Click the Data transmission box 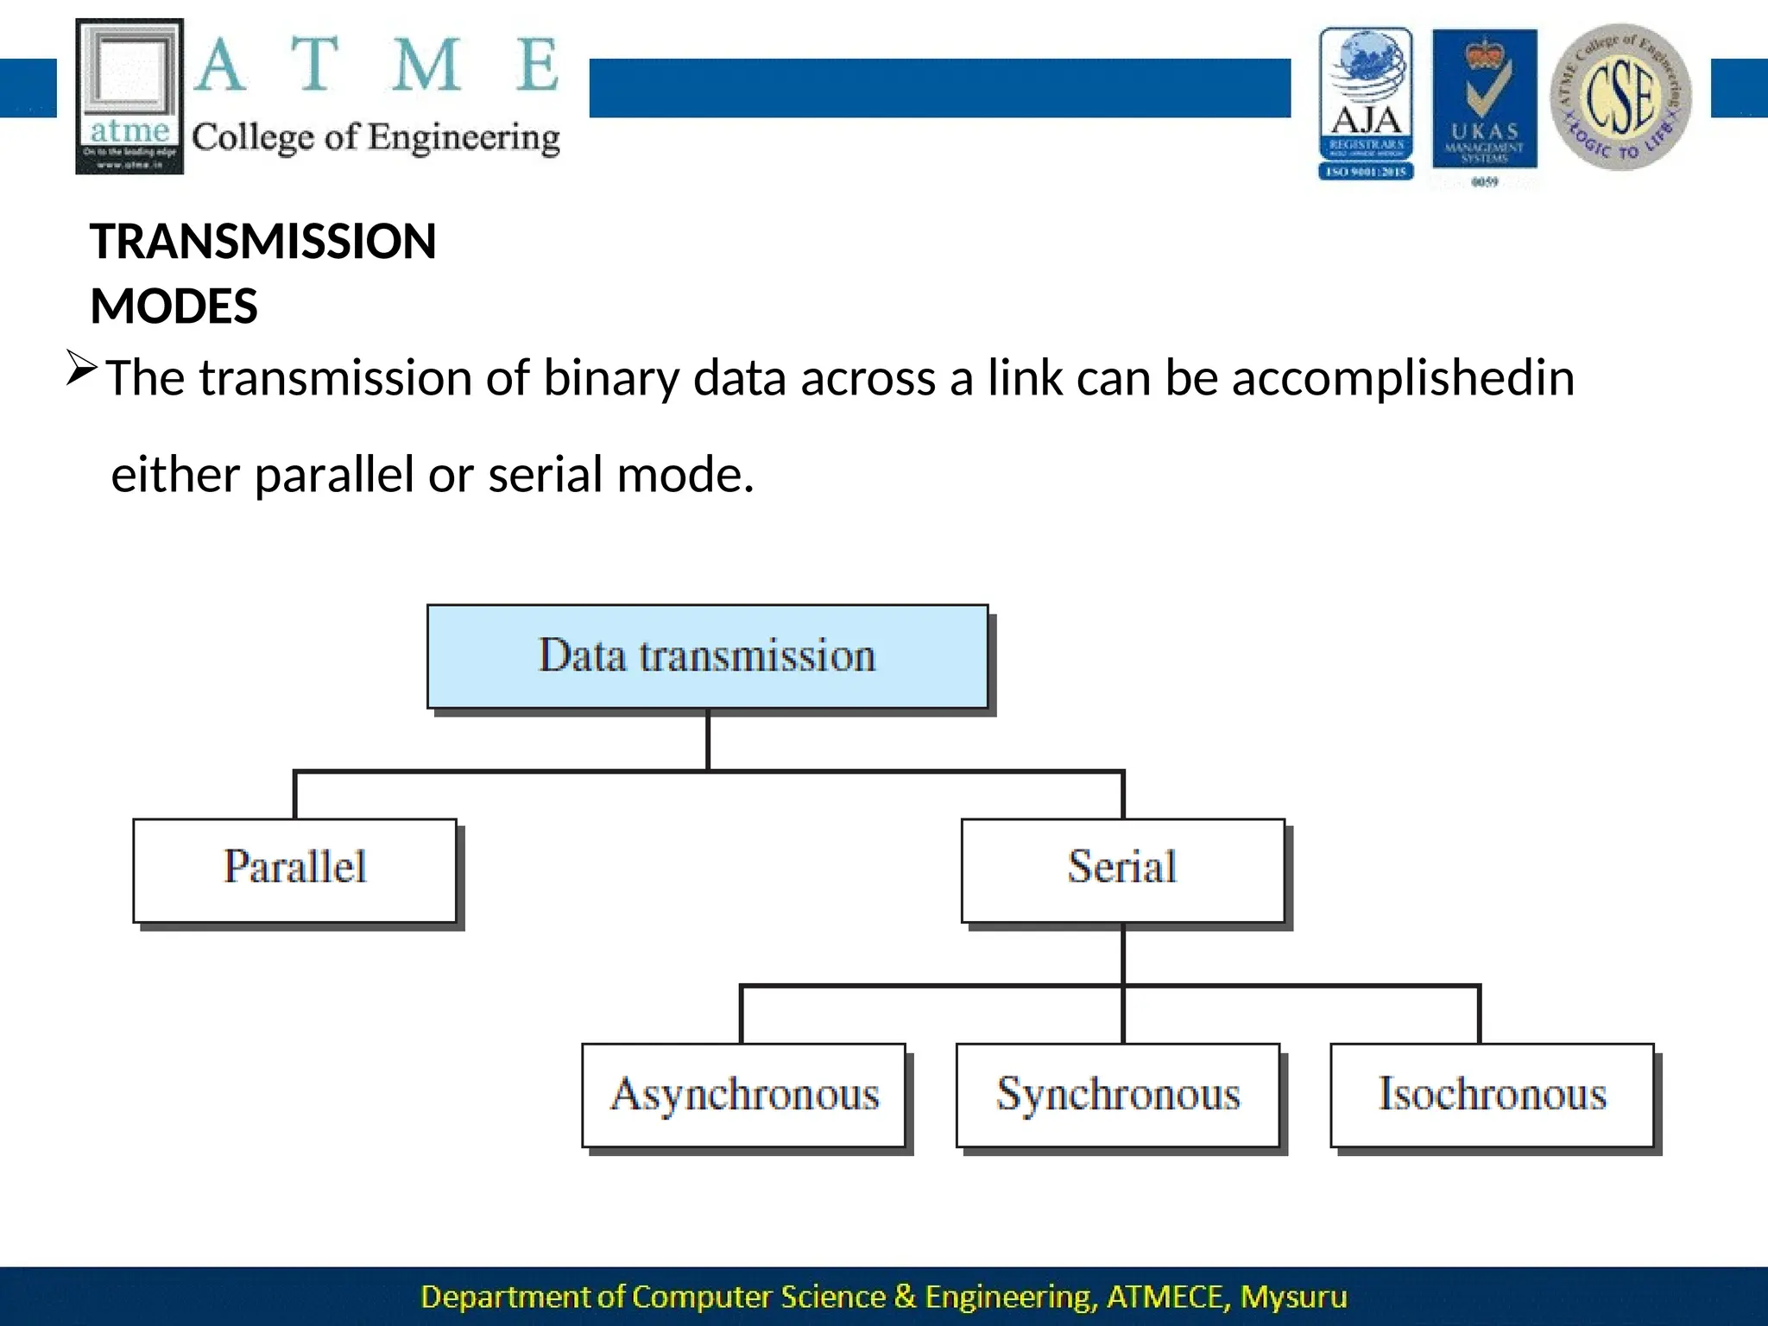pos(707,656)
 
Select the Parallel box pos(294,870)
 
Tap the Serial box pos(1122,870)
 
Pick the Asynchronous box pos(744,1095)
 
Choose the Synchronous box pos(1118,1095)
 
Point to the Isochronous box pos(1492,1095)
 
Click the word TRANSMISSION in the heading pos(263,241)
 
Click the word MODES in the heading pos(174,306)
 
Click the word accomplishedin pos(1403,378)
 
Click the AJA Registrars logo pos(1366,103)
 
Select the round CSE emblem pos(1620,97)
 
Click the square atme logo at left pos(129,96)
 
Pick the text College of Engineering pos(376,137)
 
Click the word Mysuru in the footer pos(1293,1297)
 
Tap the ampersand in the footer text pos(905,1297)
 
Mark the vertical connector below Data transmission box pos(708,740)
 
